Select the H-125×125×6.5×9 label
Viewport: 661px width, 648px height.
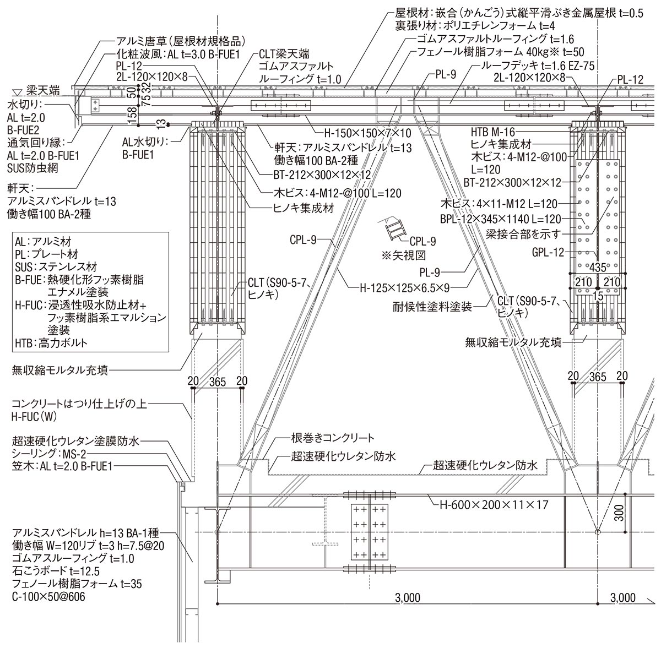pos(405,286)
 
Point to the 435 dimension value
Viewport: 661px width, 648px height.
pos(598,268)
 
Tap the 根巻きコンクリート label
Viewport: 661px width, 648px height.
pos(333,438)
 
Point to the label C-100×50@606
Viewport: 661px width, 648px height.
pos(48,596)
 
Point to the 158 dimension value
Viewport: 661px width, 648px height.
pos(131,113)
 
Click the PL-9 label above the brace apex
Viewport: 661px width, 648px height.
pos(445,74)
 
